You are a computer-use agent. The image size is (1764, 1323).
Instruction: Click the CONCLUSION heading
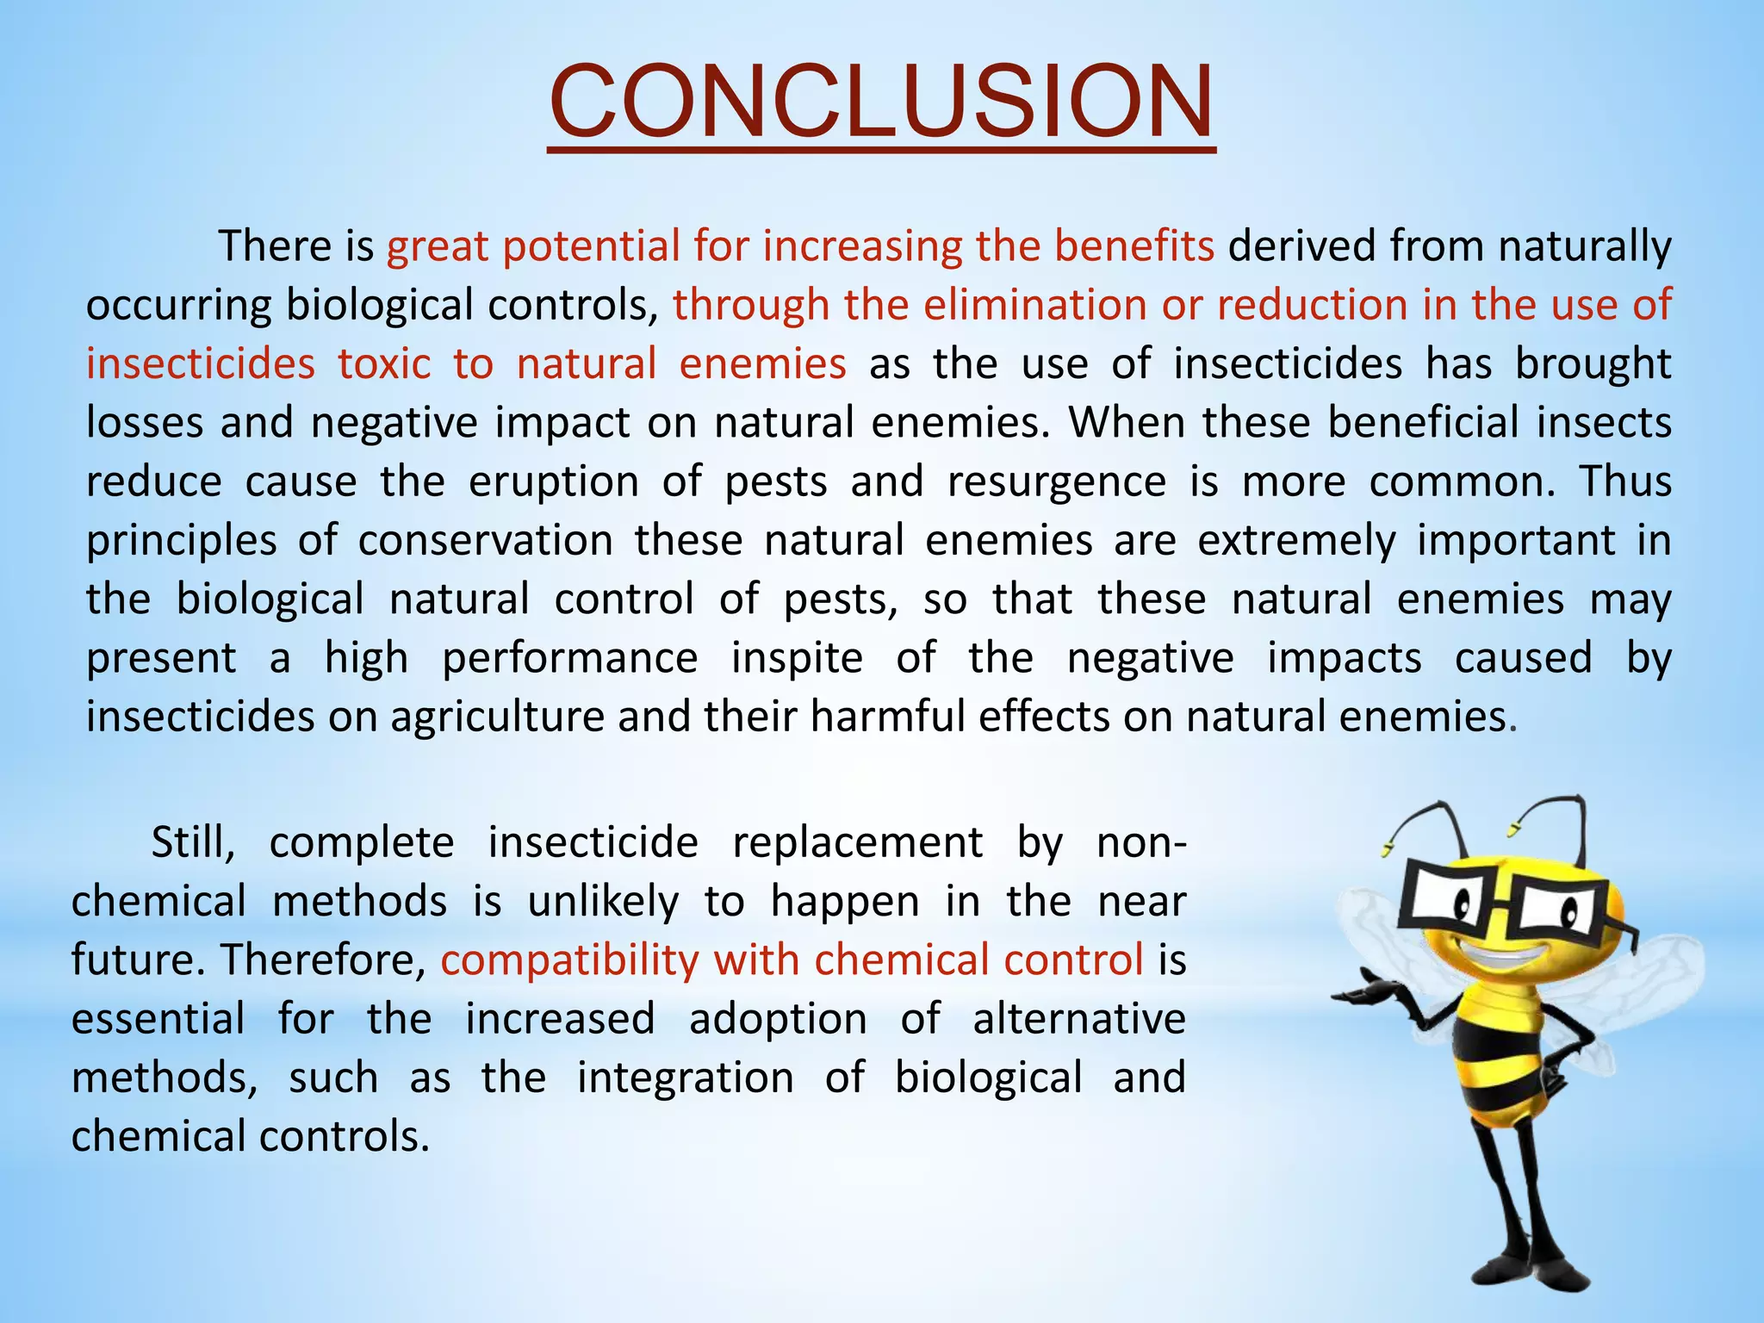(881, 102)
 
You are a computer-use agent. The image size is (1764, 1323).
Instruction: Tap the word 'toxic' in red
(383, 363)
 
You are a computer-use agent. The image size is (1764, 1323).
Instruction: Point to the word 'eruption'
(553, 481)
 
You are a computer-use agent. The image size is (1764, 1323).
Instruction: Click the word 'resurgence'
(1056, 481)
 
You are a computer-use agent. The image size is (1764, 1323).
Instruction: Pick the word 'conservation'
(485, 541)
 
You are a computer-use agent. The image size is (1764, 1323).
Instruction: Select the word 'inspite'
(797, 658)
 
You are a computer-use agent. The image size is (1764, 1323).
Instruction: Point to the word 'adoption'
(778, 1019)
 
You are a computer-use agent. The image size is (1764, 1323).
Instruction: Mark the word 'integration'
(685, 1078)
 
